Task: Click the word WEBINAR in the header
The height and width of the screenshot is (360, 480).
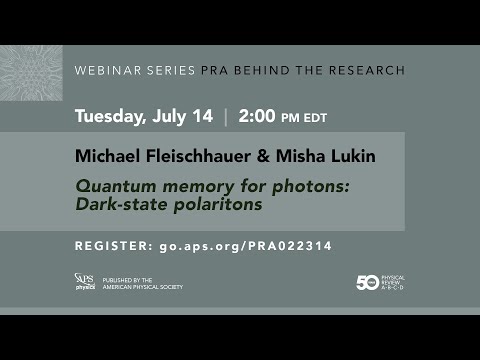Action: pos(103,71)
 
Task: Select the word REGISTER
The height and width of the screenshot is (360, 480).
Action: pos(112,246)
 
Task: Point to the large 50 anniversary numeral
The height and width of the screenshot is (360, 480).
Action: pos(368,283)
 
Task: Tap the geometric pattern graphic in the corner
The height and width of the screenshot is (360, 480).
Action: pos(31,73)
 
